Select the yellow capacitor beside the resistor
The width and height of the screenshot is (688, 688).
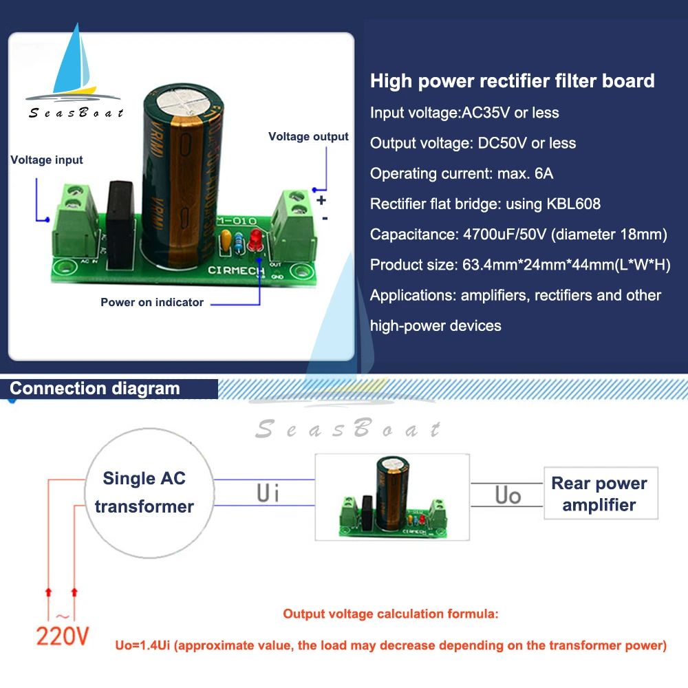(x=225, y=241)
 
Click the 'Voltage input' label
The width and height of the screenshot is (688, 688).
(x=46, y=160)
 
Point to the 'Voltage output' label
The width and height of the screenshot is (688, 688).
(x=308, y=136)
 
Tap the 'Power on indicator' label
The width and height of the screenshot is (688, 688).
(x=152, y=302)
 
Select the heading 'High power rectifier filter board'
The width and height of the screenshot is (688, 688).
(x=512, y=81)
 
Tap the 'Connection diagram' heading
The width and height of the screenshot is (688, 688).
(x=95, y=388)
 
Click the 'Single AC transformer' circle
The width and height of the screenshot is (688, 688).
(x=144, y=491)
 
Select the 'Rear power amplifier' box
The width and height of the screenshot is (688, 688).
(x=599, y=494)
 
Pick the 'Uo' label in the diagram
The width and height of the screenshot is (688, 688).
(x=508, y=495)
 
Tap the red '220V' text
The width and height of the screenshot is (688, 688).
(x=63, y=636)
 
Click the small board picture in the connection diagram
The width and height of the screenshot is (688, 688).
(x=392, y=497)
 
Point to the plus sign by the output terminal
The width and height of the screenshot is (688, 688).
(x=321, y=200)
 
